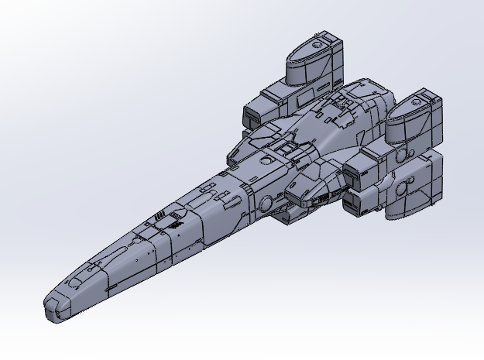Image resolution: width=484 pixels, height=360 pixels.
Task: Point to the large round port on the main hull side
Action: click(x=266, y=204)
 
